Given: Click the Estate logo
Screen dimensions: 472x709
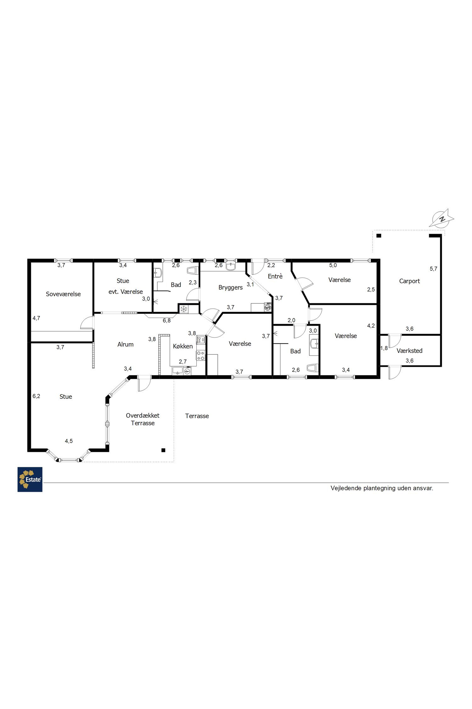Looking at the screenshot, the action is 30,479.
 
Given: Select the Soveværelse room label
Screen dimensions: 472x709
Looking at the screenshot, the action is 63,294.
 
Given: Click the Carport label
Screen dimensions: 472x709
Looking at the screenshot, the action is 409,281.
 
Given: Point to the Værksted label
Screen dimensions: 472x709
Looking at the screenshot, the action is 409,351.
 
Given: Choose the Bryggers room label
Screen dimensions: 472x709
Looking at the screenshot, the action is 231,288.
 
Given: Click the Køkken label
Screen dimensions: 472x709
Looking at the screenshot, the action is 183,346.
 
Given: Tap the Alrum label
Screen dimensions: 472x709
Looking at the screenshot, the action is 126,344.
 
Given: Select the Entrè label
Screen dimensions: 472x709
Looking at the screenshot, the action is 275,276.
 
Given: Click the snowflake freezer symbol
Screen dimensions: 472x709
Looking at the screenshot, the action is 184,309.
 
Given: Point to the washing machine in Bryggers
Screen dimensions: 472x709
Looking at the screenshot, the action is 268,308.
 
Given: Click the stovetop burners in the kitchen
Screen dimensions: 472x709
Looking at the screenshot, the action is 201,355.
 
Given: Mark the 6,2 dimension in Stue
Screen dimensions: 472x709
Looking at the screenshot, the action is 37,396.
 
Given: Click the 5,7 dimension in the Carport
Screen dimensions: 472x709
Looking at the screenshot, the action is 434,269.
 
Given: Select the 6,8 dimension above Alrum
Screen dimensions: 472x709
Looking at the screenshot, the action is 167,320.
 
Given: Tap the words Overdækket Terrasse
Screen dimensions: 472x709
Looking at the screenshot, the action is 143,419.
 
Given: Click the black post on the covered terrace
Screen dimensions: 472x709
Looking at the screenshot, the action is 163,450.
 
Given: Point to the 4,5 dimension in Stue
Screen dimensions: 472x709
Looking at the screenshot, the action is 69,441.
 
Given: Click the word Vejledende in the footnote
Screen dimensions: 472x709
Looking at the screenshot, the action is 346,488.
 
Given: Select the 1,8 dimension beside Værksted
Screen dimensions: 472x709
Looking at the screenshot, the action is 384,348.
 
